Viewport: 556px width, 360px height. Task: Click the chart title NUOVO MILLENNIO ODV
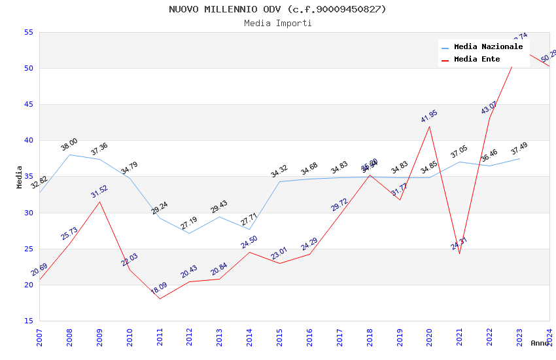coord(277,9)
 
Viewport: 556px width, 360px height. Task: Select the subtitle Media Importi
coord(277,23)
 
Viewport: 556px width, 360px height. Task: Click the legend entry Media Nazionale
coord(488,47)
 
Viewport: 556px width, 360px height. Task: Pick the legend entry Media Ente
coord(477,60)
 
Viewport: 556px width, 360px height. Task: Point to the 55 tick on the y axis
coord(28,32)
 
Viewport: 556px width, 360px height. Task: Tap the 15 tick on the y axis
coord(28,321)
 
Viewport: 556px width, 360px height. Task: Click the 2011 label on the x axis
coord(160,336)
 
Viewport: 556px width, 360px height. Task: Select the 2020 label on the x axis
coord(429,336)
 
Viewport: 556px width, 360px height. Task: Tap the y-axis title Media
coord(20,177)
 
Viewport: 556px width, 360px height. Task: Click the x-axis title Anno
coord(540,343)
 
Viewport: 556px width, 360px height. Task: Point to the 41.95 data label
coord(429,117)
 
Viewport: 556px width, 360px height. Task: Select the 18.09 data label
coord(159,289)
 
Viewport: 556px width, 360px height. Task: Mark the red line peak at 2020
coord(429,126)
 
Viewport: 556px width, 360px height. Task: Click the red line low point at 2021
coord(459,253)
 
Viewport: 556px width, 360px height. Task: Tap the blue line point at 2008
coord(69,154)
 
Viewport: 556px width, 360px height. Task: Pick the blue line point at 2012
coord(189,233)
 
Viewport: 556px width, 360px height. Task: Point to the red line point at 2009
coord(99,202)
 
